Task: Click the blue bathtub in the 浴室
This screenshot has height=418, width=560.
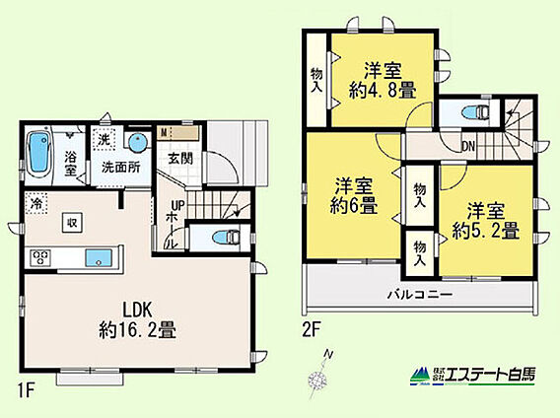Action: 38,153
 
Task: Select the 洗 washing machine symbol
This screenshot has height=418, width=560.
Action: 104,139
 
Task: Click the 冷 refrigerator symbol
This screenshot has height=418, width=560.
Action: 35,203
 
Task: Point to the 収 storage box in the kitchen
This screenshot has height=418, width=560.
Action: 72,223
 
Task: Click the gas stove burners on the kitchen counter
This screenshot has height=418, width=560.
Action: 40,257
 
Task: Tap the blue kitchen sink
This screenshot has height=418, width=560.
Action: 99,258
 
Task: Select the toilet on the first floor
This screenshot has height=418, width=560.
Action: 226,238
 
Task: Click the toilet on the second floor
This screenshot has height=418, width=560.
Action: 475,112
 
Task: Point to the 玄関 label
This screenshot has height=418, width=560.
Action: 180,159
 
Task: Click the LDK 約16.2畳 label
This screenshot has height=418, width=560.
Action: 137,320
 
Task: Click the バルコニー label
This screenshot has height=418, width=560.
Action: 420,295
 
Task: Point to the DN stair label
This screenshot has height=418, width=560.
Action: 468,146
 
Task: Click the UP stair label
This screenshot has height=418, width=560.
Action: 177,206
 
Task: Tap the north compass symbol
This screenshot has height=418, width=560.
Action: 318,376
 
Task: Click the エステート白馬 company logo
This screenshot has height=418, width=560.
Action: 472,376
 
